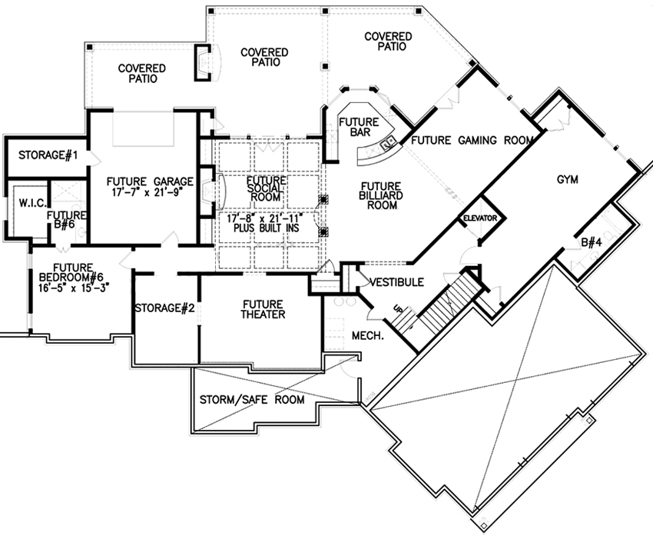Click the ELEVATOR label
tap(481, 219)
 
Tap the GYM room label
tap(567, 179)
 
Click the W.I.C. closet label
tap(24, 204)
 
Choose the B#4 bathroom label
tap(591, 243)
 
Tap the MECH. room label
tap(367, 335)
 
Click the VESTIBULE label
tap(396, 282)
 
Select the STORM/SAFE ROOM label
tap(252, 400)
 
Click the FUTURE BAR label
tap(358, 127)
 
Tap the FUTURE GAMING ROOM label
tap(472, 141)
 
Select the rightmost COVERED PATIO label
tap(388, 42)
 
